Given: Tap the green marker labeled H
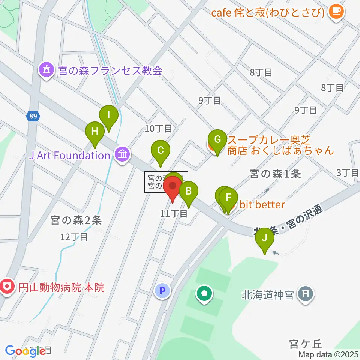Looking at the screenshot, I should click(95, 132).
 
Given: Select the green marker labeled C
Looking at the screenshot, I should click(160, 151).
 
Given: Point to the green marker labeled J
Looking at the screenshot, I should click(265, 238).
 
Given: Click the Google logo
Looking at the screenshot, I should click(25, 351).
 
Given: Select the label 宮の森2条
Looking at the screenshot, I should click(76, 221).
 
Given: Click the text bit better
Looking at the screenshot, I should click(262, 205).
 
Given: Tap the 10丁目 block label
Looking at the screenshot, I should click(159, 129).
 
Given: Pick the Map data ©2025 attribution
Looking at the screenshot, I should click(329, 354).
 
